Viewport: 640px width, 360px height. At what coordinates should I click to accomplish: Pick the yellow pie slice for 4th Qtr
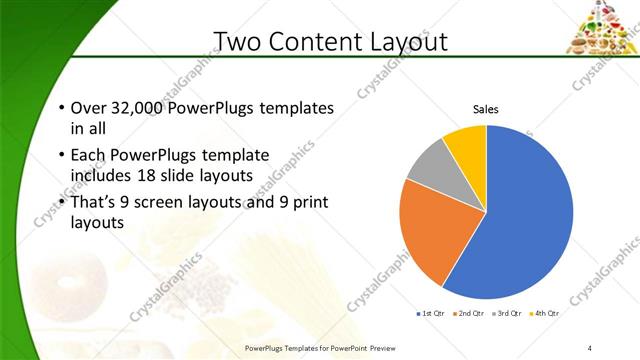(x=467, y=143)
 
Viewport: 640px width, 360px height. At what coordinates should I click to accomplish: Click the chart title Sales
(x=486, y=109)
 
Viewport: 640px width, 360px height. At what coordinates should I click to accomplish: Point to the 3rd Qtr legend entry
(x=505, y=313)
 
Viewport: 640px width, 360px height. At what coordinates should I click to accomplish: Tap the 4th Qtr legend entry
(x=544, y=313)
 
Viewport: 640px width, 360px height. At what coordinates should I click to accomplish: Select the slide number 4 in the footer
(x=590, y=347)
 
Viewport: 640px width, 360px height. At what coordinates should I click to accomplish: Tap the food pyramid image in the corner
(x=602, y=27)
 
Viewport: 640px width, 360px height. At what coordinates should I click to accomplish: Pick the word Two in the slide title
(x=238, y=41)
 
